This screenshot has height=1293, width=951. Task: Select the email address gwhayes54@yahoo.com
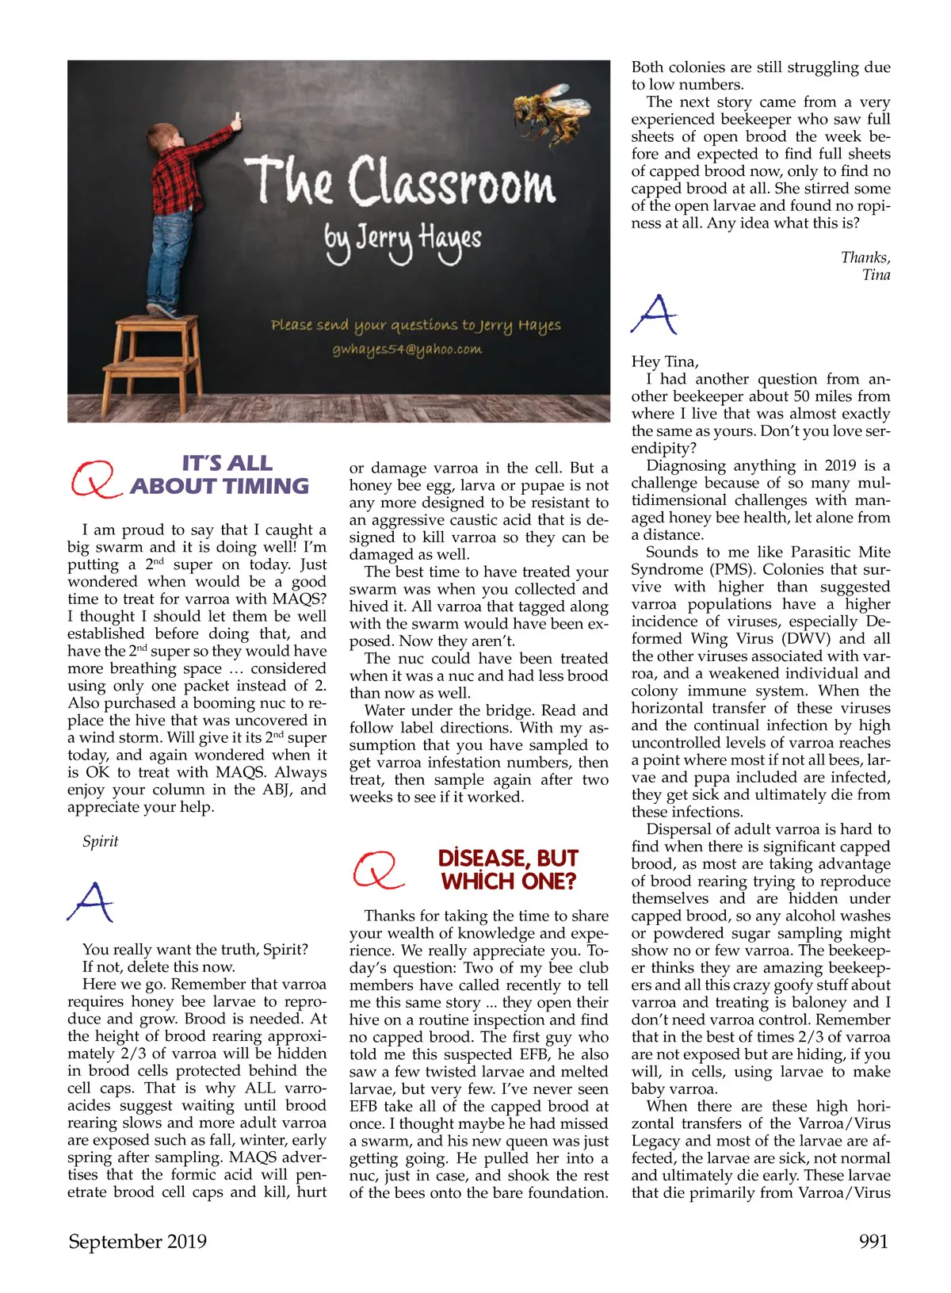(x=407, y=350)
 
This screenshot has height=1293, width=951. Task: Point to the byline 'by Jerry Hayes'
(x=402, y=239)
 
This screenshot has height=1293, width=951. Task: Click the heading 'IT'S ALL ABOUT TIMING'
(x=220, y=474)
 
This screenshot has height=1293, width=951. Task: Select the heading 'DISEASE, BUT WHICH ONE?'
(x=508, y=870)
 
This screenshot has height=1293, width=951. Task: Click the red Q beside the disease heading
(x=376, y=870)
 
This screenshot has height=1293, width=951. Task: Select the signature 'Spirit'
(x=101, y=841)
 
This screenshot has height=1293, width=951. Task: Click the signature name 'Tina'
(x=876, y=275)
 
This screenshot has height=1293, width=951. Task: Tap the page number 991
(x=873, y=1241)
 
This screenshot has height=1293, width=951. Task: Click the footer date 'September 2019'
(x=137, y=1241)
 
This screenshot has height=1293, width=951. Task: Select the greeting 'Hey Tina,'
(x=665, y=362)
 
